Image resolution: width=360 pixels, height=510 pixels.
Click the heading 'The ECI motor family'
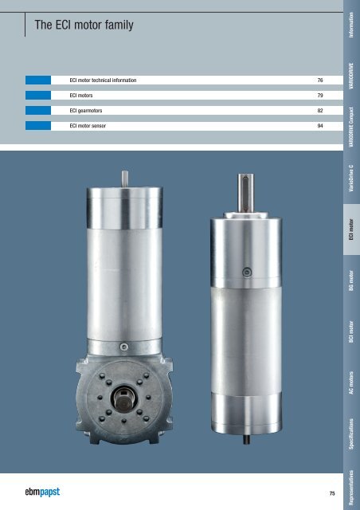tap(84, 25)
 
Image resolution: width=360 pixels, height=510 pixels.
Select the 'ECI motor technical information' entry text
tap(103, 80)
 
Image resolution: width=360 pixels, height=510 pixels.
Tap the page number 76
tap(320, 80)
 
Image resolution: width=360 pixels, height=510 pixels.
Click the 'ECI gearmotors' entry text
tap(86, 111)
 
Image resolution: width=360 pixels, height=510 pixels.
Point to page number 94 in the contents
tap(320, 126)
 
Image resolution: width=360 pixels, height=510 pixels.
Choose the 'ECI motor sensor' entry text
tap(88, 126)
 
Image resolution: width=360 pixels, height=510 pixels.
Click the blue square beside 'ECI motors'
tap(38, 96)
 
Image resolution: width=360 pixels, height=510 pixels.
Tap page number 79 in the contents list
tap(320, 96)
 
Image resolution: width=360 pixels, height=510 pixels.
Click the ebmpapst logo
tap(42, 492)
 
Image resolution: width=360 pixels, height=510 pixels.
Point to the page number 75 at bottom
tap(332, 493)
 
